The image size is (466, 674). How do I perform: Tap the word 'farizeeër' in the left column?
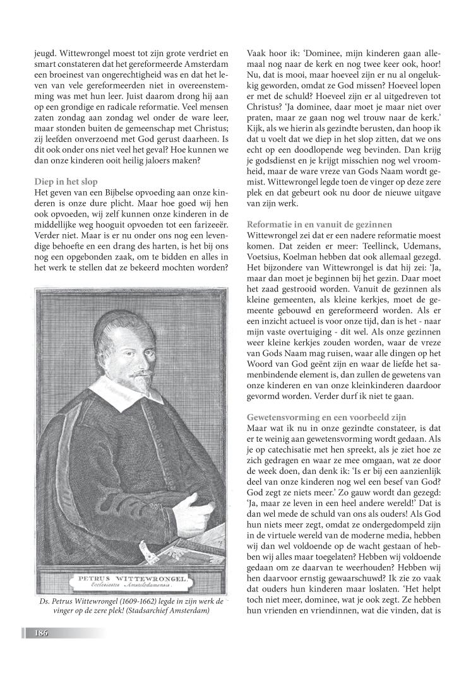(208, 224)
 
